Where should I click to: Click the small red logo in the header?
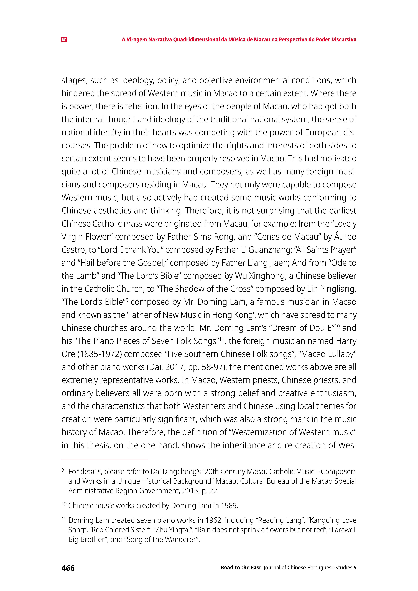click(64, 40)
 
